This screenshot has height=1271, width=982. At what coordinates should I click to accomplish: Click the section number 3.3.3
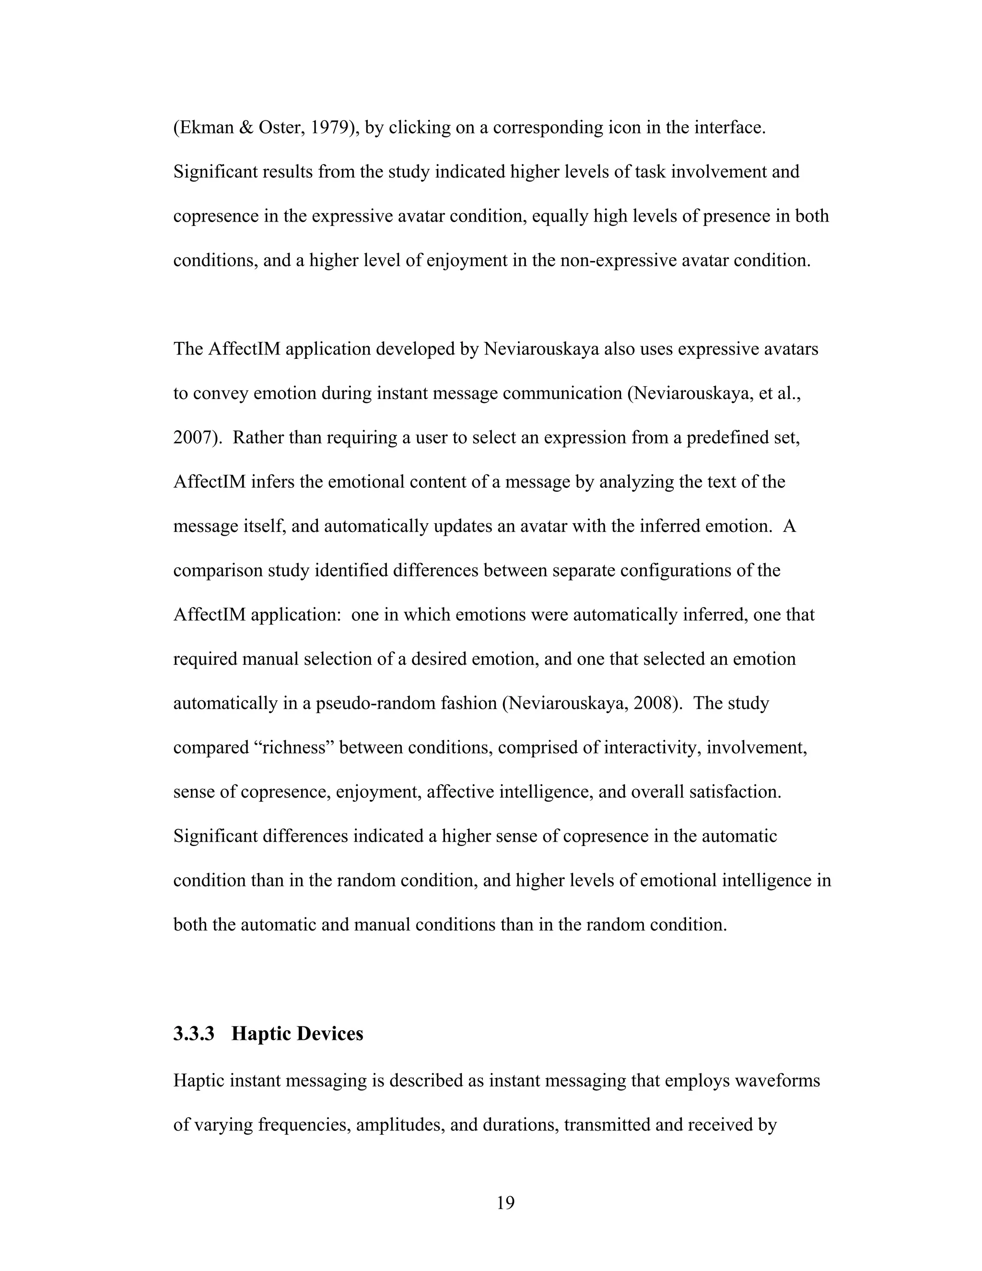194,1034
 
